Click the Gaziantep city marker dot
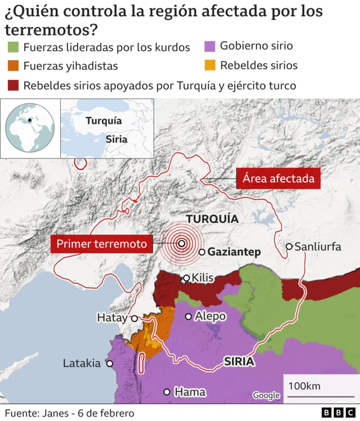pyautogui.click(x=202, y=252)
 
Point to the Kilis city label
pyautogui.click(x=203, y=278)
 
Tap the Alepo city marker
pyautogui.click(x=188, y=316)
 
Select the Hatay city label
pyautogui.click(x=112, y=318)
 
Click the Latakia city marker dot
pyautogui.click(x=110, y=364)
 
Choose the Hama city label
pyautogui.click(x=190, y=392)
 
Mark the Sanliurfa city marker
pyautogui.click(x=289, y=247)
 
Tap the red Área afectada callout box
pyautogui.click(x=278, y=180)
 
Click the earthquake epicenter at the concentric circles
pyautogui.click(x=182, y=244)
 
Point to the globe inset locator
pyautogui.click(x=30, y=128)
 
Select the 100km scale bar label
pyautogui.click(x=304, y=386)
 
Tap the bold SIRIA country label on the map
pyautogui.click(x=239, y=361)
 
